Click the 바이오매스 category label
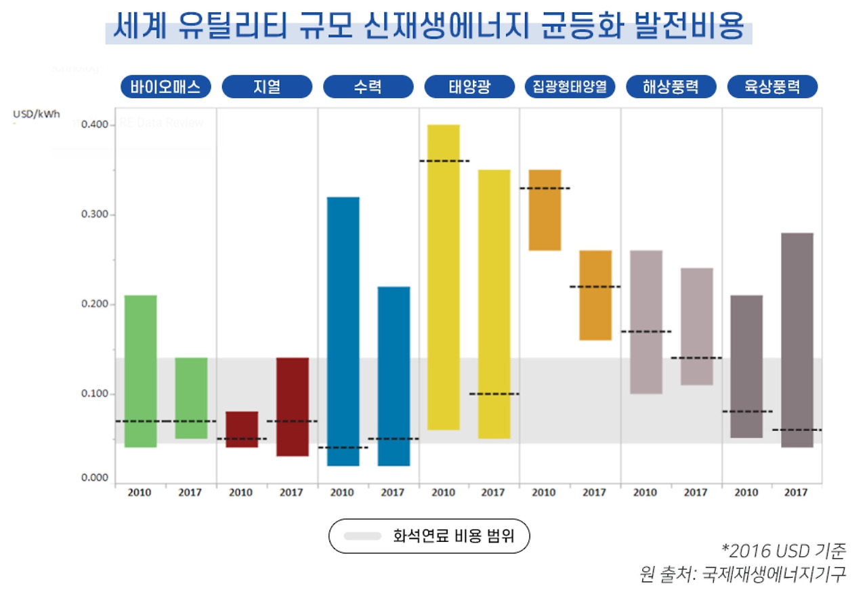[166, 87]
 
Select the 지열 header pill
[267, 87]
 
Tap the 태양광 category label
[469, 87]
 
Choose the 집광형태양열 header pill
[570, 87]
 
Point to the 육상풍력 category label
[772, 87]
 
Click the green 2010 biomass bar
[141, 371]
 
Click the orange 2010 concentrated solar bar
[545, 210]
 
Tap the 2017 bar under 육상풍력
[797, 339]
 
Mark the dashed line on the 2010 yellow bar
[444, 161]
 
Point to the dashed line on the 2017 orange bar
[595, 287]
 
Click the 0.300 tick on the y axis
[95, 215]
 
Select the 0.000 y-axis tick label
[95, 478]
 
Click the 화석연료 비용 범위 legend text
[453, 536]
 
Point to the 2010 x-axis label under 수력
[342, 492]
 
